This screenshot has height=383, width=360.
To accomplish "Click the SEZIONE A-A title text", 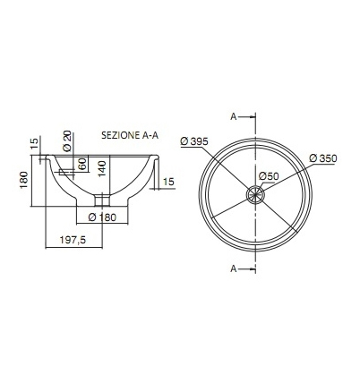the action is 130,135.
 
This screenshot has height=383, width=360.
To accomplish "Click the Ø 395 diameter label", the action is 194,141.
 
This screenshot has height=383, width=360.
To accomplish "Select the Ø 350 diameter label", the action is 323,158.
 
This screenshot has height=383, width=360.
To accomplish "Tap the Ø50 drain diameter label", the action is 269,176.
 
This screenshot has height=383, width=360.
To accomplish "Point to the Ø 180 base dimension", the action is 102,217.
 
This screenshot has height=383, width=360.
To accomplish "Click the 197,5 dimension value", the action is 73,240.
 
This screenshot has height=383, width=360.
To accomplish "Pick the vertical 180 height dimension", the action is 24,180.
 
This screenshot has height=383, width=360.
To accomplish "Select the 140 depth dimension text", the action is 102,169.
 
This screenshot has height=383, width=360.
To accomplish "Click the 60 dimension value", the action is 82,164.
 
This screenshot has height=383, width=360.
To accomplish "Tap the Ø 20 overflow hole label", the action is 67,140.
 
